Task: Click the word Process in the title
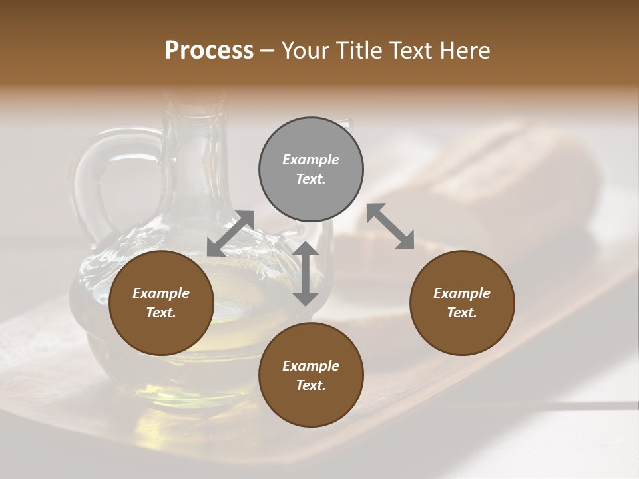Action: (x=209, y=51)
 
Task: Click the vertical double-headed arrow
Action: (x=306, y=273)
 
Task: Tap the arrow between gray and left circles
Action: (x=230, y=233)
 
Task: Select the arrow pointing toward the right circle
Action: (x=391, y=226)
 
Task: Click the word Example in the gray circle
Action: (x=311, y=160)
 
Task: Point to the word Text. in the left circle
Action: (x=161, y=313)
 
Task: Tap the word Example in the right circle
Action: (x=462, y=293)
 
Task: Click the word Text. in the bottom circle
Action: (x=311, y=385)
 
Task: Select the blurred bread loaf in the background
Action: (x=519, y=180)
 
